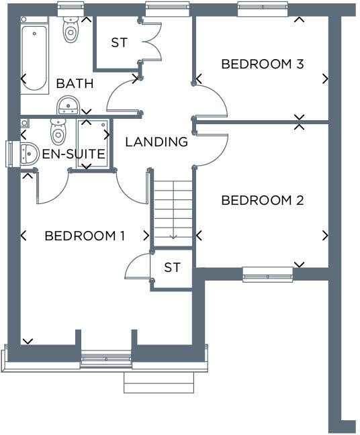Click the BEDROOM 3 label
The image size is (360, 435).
click(263, 64)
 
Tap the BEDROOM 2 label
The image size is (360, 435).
click(263, 200)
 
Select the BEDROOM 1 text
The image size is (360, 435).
click(85, 236)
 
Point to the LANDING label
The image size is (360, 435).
click(156, 142)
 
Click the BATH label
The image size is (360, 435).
click(75, 84)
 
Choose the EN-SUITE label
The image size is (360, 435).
click(74, 154)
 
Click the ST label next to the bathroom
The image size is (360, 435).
click(119, 43)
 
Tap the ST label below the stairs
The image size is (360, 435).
click(173, 267)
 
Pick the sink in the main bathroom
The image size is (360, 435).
click(69, 105)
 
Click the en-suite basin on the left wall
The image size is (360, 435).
click(28, 154)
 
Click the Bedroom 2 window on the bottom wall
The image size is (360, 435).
click(267, 273)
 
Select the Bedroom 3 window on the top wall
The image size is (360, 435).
click(263, 9)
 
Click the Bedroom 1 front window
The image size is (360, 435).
click(105, 360)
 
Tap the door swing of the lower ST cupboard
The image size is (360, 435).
click(137, 267)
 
